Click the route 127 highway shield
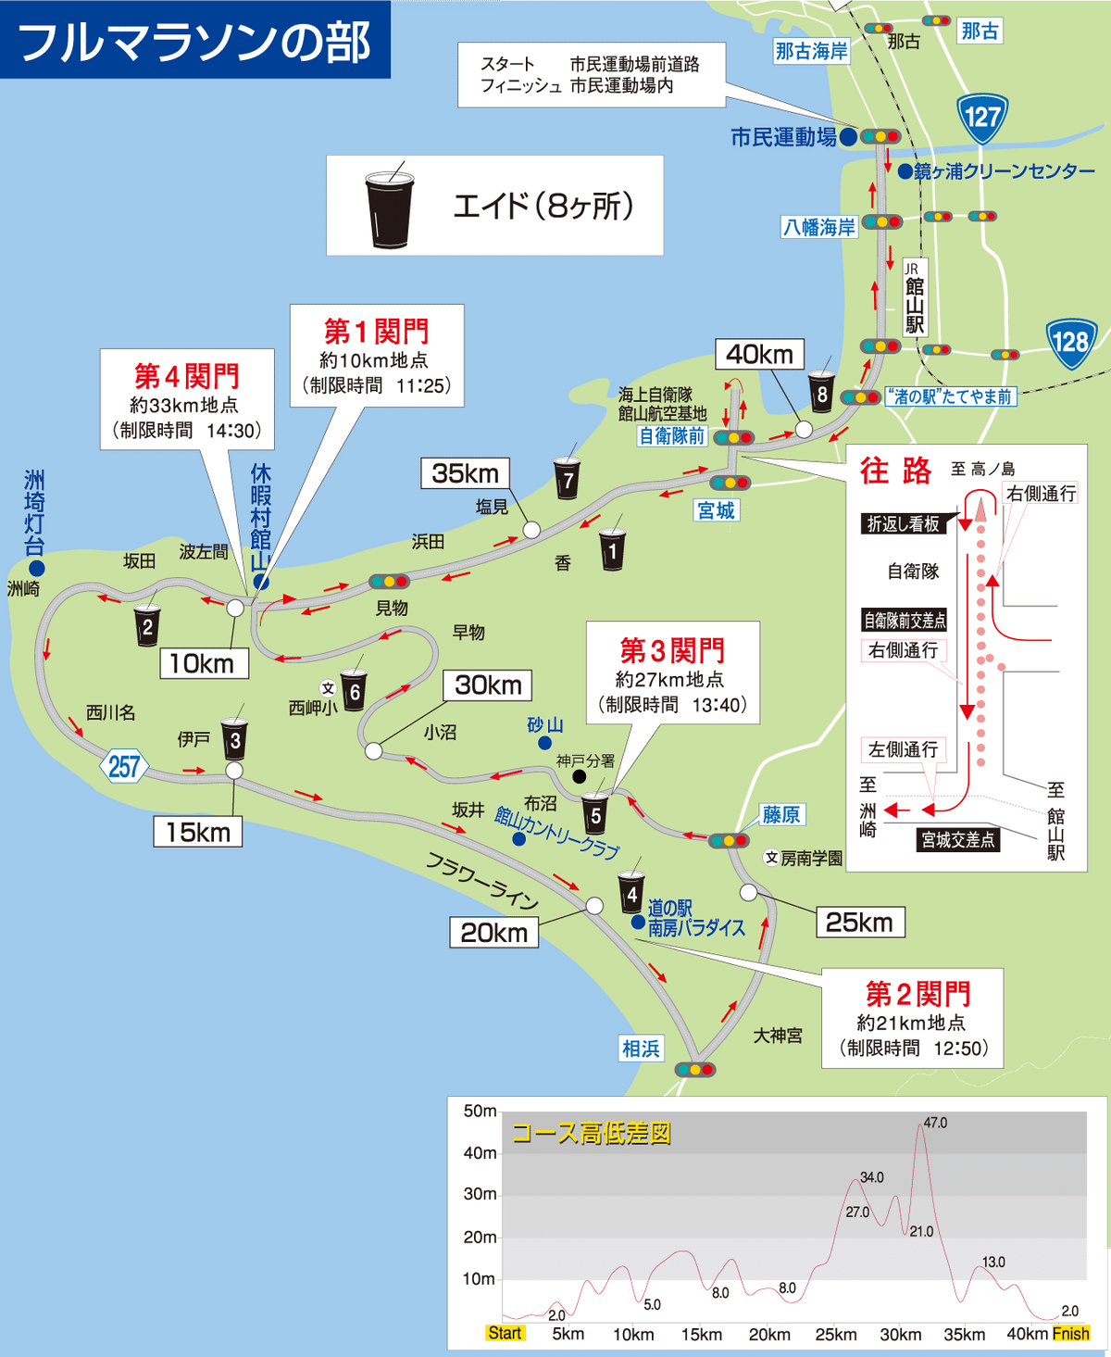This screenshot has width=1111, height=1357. point(981,117)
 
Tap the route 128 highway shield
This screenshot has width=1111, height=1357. point(1070,342)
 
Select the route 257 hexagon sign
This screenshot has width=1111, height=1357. point(123,767)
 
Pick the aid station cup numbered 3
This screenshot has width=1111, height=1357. point(234,739)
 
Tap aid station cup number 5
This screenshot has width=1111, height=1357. point(595,814)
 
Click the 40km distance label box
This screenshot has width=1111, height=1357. point(759,354)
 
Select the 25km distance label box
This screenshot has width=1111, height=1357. point(859,922)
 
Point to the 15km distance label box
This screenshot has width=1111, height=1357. point(197,832)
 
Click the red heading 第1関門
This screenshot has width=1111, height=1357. point(376,331)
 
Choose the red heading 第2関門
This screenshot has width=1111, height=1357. point(918,994)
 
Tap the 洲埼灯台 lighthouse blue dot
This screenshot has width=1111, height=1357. point(36,568)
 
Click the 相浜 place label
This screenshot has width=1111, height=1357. point(641,1049)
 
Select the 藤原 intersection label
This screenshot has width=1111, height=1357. point(780,814)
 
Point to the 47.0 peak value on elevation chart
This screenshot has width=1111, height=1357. point(935,1123)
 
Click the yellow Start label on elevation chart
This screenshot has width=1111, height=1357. point(505,1333)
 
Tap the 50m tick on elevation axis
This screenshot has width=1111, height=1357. point(480,1111)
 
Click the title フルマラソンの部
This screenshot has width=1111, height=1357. point(194,42)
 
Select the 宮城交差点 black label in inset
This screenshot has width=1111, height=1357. point(957,839)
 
